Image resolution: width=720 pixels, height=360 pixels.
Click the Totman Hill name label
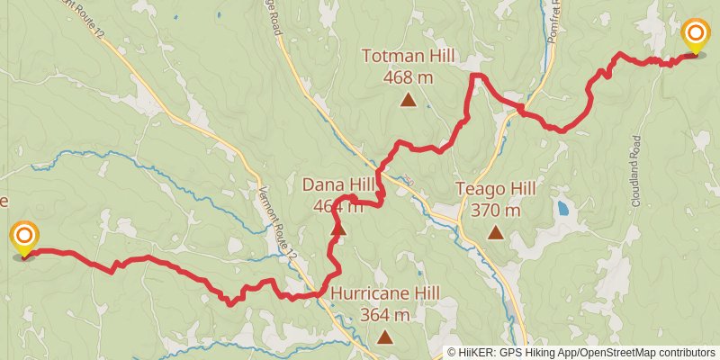408,56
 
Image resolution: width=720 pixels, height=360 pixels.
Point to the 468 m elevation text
408,77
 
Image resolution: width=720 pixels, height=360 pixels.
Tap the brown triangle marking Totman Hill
408,100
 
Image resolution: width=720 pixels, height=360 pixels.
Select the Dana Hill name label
337,184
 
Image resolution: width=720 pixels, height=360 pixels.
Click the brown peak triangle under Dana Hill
338,229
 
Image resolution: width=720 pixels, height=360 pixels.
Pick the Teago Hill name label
495,189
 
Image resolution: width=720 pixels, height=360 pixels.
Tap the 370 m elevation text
495,211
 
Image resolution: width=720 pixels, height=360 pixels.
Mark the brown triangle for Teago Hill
495,233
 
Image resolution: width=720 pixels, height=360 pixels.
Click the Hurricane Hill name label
385,293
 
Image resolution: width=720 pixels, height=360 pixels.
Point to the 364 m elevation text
385,315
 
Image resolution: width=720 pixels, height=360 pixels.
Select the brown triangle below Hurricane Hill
385,337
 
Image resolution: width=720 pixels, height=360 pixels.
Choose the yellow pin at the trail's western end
25,238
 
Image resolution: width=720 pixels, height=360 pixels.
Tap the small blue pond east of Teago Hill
563,209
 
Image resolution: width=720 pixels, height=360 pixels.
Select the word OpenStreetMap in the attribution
612,353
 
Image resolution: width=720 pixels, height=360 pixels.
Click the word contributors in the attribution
684,353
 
